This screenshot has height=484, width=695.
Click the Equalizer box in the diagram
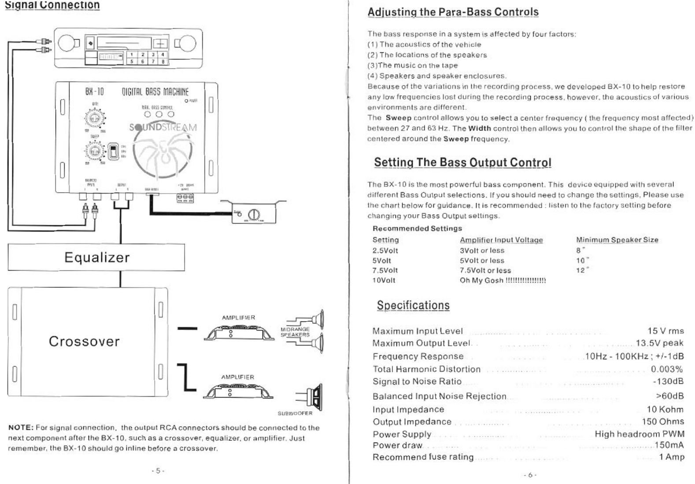pos(96,257)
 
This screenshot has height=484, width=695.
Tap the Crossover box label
pos(84,342)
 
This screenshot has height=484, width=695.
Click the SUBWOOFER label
pos(295,413)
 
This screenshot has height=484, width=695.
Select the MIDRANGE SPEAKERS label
pos(295,332)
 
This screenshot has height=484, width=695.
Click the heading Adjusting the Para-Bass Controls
pos(453,12)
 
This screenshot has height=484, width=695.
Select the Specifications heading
pos(413,305)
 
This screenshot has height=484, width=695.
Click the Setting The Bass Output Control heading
pos(462,163)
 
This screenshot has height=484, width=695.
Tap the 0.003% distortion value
pos(667,369)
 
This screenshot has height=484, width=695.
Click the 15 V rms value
pos(665,331)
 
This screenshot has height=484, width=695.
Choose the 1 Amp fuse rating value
pos(671,457)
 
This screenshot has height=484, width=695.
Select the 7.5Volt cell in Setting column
pos(385,270)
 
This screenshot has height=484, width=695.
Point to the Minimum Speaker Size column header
pos(617,240)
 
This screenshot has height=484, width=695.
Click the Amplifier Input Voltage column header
pos(501,240)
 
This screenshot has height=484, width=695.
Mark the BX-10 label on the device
pos(94,92)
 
